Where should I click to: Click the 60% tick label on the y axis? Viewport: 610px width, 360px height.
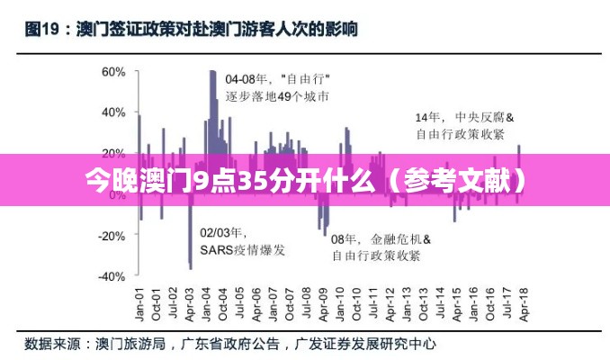click(x=112, y=71)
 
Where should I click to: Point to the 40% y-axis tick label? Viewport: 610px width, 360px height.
click(x=112, y=112)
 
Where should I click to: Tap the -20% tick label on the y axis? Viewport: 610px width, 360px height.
click(x=110, y=235)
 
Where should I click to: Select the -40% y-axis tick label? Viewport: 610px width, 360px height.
click(x=110, y=276)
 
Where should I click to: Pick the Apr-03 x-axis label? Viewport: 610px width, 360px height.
click(x=189, y=306)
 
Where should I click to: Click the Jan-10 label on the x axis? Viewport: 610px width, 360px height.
click(x=339, y=306)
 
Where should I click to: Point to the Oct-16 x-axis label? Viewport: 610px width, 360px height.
click(x=489, y=306)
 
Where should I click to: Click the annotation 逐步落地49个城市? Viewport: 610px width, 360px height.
click(x=276, y=95)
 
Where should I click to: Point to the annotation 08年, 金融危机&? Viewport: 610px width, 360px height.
click(x=381, y=239)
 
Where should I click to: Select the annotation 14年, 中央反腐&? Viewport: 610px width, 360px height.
click(x=463, y=117)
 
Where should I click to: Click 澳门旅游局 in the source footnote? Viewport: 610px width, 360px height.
click(x=130, y=344)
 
